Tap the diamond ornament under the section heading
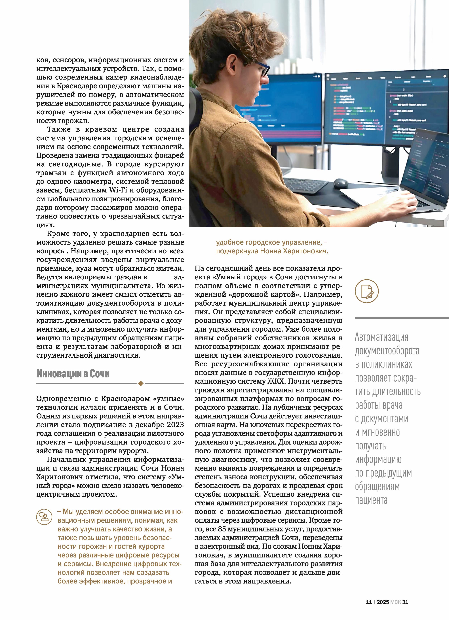[x=141, y=384]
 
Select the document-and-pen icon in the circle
[x=367, y=291]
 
